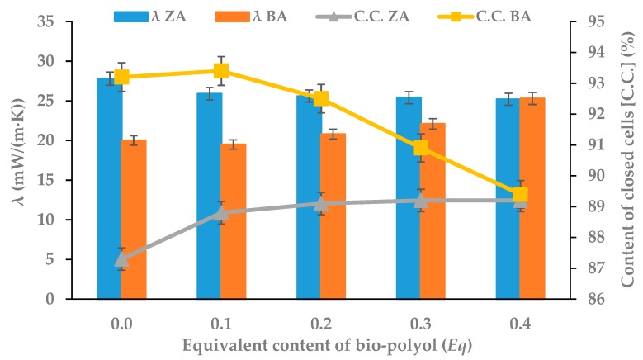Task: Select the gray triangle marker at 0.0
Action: click(121, 259)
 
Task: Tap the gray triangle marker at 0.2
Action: click(321, 204)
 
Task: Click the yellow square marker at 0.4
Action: click(520, 195)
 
